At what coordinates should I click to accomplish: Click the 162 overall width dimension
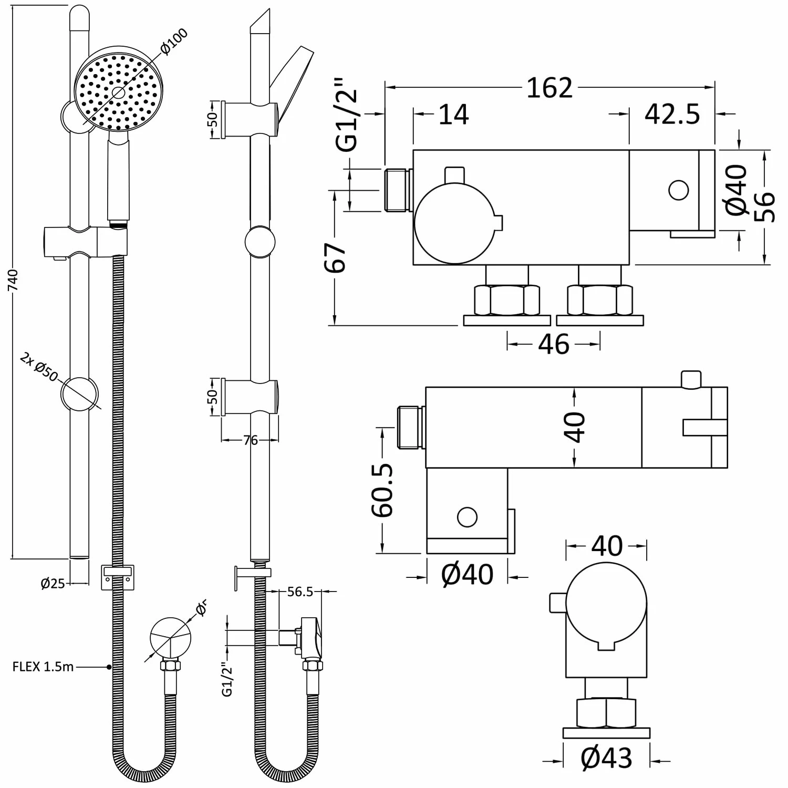pos(549,88)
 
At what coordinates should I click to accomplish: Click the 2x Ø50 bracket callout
pos(38,367)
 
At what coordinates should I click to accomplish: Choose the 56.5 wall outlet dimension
pos(300,592)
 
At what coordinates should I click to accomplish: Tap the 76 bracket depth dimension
pos(251,440)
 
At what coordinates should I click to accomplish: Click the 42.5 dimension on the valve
pos(672,114)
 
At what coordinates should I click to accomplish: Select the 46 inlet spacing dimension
pos(554,345)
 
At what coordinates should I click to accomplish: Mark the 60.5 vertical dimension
pos(383,490)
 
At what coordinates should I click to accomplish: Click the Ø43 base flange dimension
pos(606,758)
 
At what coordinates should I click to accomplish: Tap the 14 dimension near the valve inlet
pos(453,114)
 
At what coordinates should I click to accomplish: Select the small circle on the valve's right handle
pos(678,190)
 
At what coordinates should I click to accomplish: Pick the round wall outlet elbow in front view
pos(170,636)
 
